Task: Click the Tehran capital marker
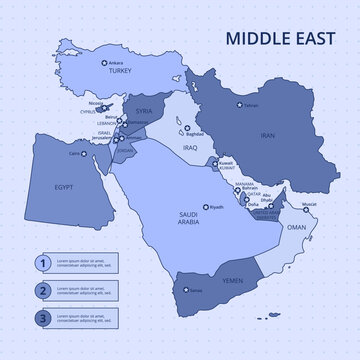coord(238,105)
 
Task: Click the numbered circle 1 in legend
coord(42,263)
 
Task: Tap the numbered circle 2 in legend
coord(42,291)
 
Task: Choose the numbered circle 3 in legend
coord(42,320)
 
